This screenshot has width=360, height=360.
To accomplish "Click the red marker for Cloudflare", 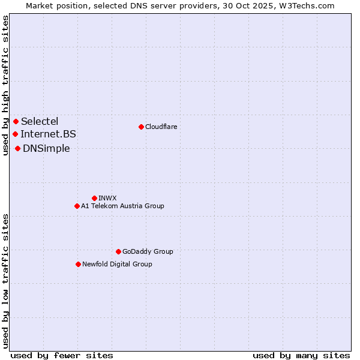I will coord(141,127).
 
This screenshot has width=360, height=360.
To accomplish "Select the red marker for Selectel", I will coord(16,122).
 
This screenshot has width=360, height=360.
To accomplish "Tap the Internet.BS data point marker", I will coord(15,134).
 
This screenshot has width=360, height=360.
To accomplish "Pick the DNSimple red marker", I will coord(18,148).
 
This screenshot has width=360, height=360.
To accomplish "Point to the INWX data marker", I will coord(94,198).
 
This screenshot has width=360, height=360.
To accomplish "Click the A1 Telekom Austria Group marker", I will coord(77,206).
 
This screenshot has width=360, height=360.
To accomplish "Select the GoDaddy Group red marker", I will coord(118,251).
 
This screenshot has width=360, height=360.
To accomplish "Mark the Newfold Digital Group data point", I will coord(78,264).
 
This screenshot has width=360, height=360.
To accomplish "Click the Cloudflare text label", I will coord(161,127).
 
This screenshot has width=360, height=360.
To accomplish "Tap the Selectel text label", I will coord(40,122).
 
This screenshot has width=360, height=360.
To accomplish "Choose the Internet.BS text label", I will coord(48,134).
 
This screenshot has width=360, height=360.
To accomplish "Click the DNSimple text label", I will coord(46,148).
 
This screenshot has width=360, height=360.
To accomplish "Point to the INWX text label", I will coord(107,198).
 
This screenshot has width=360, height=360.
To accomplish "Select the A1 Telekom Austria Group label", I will coord(122,206).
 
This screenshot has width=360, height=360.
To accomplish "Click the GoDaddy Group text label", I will coord(148,251).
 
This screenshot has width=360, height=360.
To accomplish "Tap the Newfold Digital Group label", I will coord(117,264).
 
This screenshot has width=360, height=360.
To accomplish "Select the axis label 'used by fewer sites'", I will coord(62,355).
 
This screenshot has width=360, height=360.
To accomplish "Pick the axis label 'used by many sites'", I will coord(301,355).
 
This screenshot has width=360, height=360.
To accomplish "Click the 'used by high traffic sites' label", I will coord(5,85).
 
